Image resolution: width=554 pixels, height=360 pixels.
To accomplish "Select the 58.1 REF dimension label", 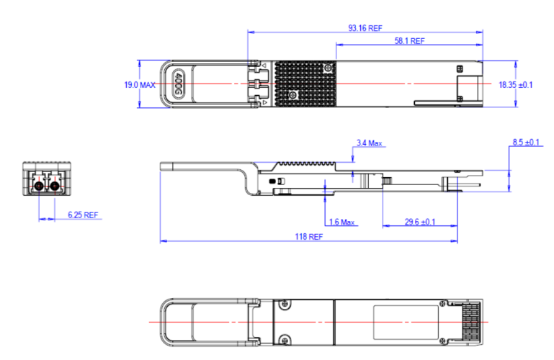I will point(409,41).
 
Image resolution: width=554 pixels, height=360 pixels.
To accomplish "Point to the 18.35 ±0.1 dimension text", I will point(516,85).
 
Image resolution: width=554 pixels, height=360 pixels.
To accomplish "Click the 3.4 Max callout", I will point(369,143).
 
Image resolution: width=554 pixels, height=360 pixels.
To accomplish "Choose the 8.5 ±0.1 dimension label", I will point(527,143).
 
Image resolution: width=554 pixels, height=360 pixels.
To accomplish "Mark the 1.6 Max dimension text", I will point(342,222).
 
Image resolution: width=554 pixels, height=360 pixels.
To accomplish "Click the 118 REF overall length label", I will point(308,236).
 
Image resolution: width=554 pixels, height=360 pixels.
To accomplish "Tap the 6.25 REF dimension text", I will point(82,215).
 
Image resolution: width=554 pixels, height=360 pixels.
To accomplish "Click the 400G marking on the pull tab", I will point(179,84).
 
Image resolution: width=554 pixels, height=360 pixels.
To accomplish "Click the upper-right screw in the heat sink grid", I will point(329,68).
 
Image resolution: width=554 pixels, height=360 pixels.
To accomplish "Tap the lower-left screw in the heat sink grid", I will point(292,95).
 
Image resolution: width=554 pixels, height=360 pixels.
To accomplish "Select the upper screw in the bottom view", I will point(285,305).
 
